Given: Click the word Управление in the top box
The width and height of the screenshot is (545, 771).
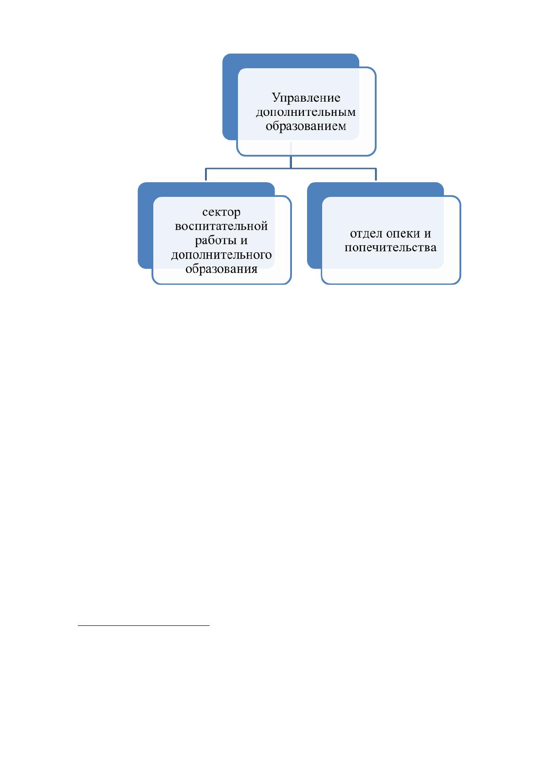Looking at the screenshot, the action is click(306, 98).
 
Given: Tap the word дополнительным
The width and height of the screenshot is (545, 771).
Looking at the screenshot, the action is click(306, 112).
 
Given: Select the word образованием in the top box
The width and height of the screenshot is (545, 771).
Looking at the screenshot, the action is click(306, 126).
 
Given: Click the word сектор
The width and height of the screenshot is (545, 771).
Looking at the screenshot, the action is click(221, 212).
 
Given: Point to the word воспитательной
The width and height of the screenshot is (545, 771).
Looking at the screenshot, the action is click(221, 226).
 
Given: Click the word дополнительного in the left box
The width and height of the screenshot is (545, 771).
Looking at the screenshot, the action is click(221, 255).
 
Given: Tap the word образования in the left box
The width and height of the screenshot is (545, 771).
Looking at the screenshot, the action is click(221, 269).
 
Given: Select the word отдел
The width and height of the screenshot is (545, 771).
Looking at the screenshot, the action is click(366, 233).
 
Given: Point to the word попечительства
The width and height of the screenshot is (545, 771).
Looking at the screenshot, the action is click(390, 248).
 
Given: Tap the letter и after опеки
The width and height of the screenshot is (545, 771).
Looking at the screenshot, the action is click(427, 234).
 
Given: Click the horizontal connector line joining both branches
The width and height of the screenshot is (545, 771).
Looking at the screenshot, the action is click(291, 168).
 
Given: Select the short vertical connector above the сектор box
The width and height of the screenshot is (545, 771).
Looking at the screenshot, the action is click(206, 174).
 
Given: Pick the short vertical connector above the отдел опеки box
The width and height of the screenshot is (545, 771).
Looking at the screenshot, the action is click(376, 174).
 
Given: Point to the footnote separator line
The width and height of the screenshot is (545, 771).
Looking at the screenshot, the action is click(144, 624).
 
